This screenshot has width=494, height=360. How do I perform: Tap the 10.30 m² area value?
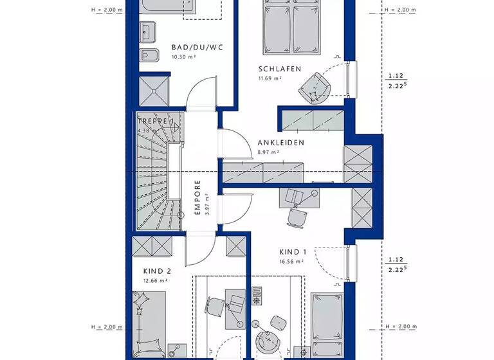pyautogui.click(x=183, y=57)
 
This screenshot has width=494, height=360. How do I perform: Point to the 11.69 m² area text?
pyautogui.click(x=270, y=78)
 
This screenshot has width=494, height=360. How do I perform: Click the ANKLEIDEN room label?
pyautogui.click(x=280, y=143)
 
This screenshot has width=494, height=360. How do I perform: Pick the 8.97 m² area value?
pyautogui.click(x=268, y=152)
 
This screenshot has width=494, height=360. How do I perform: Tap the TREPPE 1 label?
pyautogui.click(x=156, y=121)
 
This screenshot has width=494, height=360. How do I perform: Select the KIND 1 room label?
pyautogui.click(x=293, y=253)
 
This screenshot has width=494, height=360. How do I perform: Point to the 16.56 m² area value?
pyautogui.click(x=291, y=262)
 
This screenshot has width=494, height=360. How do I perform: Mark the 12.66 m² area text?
pyautogui.click(x=156, y=280)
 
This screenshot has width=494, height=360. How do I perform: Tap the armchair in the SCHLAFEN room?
pyautogui.click(x=315, y=86)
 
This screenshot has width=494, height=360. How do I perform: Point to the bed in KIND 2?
pyautogui.click(x=150, y=325)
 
